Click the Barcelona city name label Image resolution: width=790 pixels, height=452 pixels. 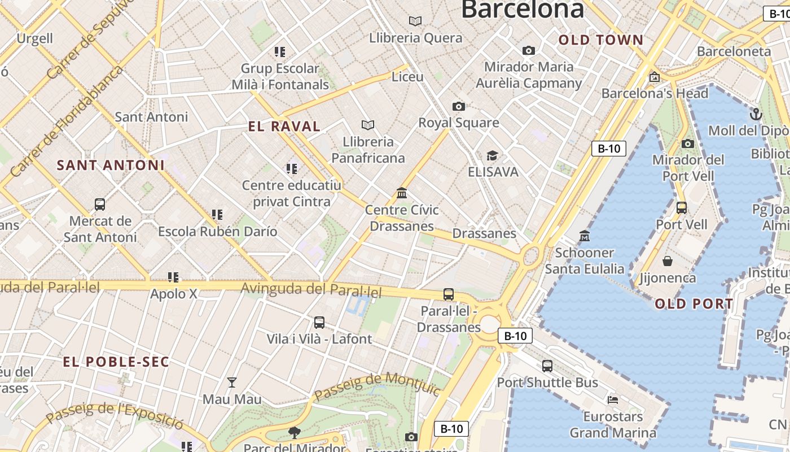coord(522,9)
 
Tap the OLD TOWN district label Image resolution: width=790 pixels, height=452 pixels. coord(601,40)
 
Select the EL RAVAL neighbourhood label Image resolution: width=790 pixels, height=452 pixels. coord(284,127)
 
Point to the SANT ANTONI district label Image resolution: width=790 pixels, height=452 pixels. coord(111,166)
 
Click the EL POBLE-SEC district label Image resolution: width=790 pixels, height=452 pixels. coord(116,362)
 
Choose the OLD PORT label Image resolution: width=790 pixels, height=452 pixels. coord(694,304)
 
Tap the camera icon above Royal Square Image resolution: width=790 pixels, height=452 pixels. coord(459,106)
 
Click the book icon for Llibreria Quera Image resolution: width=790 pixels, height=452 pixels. coord(415,21)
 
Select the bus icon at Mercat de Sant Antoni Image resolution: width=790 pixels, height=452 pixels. coord(100,205)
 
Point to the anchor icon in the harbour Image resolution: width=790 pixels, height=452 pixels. coord(756,115)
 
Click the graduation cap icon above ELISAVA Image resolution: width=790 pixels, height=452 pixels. coord(493,155)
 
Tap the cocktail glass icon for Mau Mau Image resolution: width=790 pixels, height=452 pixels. coord(231,383)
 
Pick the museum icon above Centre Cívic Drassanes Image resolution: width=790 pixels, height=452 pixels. coord(402,193)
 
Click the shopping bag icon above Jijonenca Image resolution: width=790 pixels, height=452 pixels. coord(668,261)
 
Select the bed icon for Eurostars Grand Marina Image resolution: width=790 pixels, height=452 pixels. coord(613,400)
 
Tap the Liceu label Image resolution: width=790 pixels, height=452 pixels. coord(407,76)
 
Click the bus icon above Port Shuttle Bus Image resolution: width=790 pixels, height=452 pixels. coord(547,366)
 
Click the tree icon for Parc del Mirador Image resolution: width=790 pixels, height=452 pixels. coord(294,433)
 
